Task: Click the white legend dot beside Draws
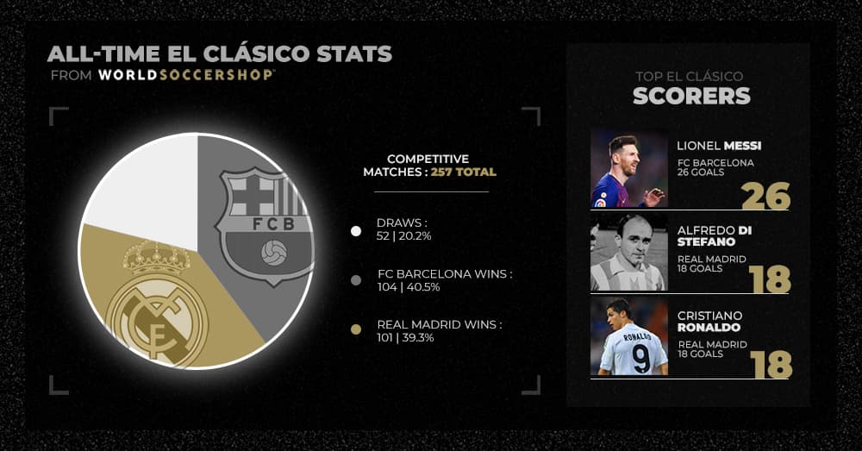point(356,231)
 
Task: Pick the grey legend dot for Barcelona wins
point(356,280)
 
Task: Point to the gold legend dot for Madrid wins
point(356,330)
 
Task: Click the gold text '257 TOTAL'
point(464,172)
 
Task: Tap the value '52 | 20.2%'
point(404,236)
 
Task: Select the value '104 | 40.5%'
point(409,287)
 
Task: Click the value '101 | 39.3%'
point(406,338)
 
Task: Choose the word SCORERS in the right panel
point(691,96)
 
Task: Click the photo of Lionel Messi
point(629,168)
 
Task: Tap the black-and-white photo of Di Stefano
point(629,253)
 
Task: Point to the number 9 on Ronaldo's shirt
point(641,358)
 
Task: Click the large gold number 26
point(765,196)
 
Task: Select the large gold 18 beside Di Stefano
point(770,279)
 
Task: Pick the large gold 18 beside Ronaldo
point(771,365)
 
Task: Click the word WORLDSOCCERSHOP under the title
point(186,75)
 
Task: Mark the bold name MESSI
point(743,146)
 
